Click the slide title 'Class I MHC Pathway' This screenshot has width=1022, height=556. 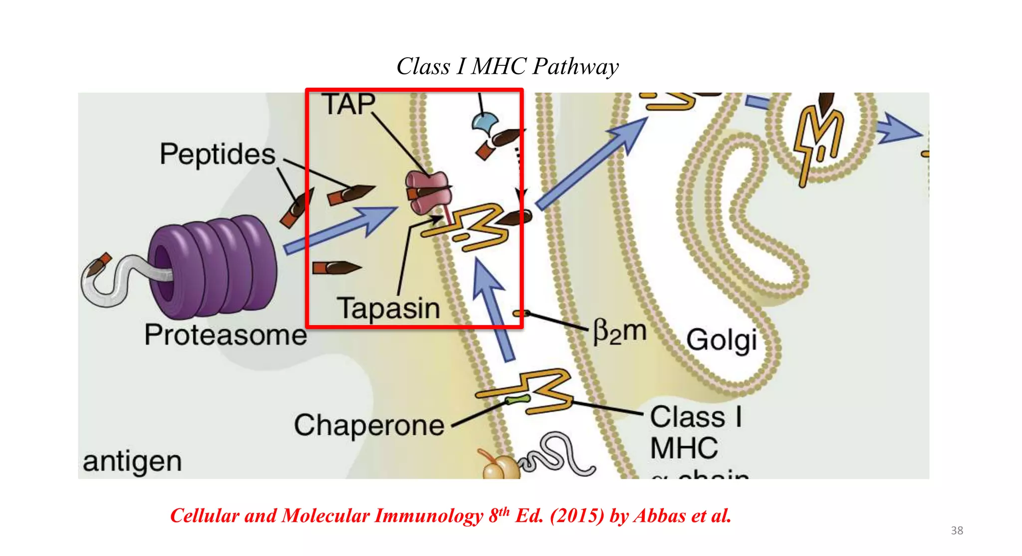(508, 66)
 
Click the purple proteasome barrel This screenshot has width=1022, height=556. (215, 267)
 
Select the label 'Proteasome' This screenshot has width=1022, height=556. (226, 335)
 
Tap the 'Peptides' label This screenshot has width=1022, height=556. (218, 154)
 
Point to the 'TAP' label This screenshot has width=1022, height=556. (348, 105)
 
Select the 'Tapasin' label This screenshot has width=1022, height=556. (389, 308)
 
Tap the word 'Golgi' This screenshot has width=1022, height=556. (722, 341)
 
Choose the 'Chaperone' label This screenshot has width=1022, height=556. (369, 425)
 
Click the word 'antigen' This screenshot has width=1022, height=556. (132, 461)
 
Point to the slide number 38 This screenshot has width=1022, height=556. (957, 531)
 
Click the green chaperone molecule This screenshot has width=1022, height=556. (517, 399)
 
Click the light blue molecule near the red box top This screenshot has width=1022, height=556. (484, 122)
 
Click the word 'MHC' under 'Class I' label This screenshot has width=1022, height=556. (684, 448)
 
